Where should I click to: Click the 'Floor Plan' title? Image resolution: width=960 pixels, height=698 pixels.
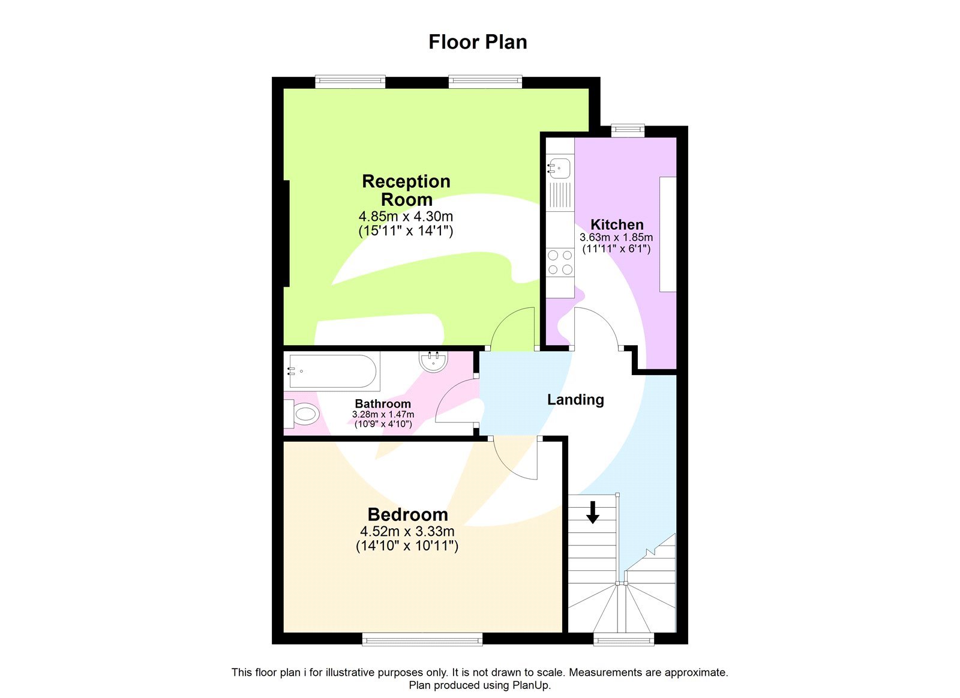(478, 42)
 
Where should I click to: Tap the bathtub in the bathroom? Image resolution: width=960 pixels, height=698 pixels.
(332, 372)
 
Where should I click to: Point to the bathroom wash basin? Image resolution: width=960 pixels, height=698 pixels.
(433, 362)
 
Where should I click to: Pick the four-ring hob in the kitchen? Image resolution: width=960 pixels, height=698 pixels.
(560, 262)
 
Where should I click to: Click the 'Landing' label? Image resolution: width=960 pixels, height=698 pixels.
(575, 400)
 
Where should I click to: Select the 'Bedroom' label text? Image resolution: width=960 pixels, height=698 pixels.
(407, 514)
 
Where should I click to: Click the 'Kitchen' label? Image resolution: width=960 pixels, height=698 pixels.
(617, 224)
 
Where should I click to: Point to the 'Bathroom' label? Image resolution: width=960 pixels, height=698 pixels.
(383, 404)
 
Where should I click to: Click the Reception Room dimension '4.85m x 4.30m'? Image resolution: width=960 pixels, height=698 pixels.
(406, 216)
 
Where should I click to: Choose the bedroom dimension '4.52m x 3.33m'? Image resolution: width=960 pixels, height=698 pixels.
(407, 531)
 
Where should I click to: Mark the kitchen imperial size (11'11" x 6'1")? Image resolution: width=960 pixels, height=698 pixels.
(616, 248)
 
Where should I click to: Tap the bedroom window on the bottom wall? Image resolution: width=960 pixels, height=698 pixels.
(422, 639)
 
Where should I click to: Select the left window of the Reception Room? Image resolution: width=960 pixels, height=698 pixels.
(350, 81)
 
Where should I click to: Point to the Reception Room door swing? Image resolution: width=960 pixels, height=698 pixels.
(512, 329)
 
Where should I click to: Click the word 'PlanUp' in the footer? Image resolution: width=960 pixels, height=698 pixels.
(531, 685)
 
